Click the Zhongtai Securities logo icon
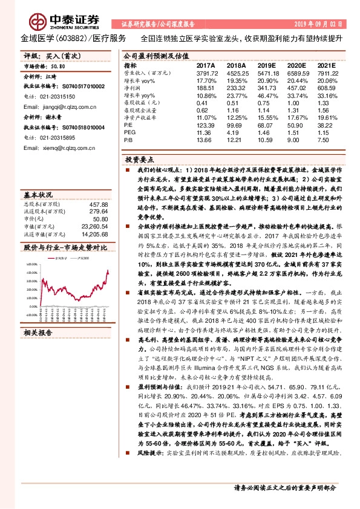coord(27,19)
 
